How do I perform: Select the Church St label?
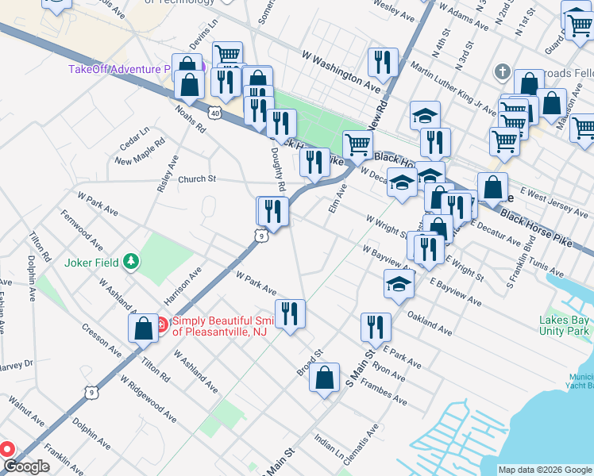(x=197, y=179)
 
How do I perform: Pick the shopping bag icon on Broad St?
(x=325, y=379)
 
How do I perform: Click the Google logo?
(x=26, y=466)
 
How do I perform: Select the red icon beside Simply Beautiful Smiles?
(x=160, y=324)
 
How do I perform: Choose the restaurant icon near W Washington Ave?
(x=383, y=63)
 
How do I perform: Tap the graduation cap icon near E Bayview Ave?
(x=399, y=285)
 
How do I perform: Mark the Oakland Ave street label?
(x=430, y=321)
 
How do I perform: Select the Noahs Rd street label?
(x=191, y=119)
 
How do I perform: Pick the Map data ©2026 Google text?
(x=544, y=470)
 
